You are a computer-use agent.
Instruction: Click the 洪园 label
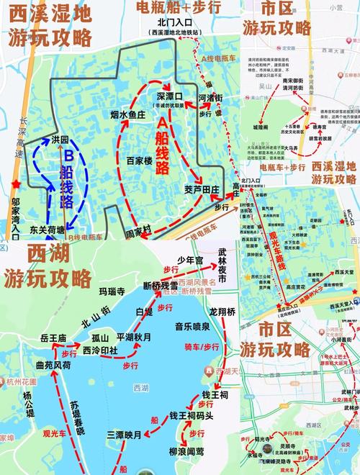tap(60, 140)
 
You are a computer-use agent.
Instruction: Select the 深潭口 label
tap(170, 96)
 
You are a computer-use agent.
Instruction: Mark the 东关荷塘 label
tap(48, 231)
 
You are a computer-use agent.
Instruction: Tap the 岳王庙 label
tap(53, 338)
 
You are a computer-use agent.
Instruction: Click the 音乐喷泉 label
tap(192, 326)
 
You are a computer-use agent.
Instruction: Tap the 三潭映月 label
tap(125, 434)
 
